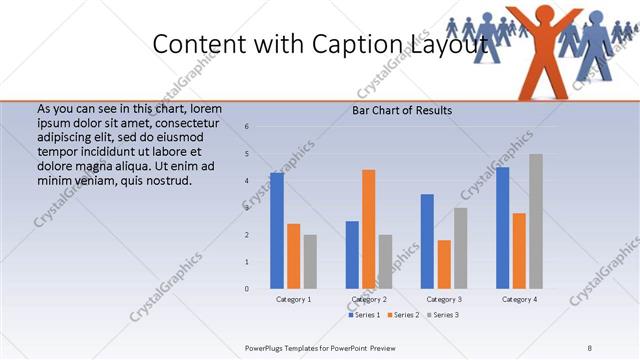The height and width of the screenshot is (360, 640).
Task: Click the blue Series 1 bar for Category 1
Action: [277, 231]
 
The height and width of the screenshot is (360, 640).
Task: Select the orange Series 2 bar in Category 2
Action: [369, 229]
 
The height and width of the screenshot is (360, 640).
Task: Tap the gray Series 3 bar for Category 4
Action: [536, 221]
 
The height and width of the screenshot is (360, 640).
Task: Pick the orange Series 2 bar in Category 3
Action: [444, 264]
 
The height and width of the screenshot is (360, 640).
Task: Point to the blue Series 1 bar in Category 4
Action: [502, 228]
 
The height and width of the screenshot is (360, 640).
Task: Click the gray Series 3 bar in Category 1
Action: [310, 262]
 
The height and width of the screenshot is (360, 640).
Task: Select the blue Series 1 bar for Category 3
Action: [427, 241]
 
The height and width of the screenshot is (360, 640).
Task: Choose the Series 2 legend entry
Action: [402, 315]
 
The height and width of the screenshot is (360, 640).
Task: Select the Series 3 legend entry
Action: [443, 315]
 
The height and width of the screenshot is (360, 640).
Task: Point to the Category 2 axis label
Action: [369, 299]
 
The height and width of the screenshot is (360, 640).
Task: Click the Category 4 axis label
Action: [519, 299]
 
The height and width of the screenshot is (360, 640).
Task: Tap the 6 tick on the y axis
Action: [247, 127]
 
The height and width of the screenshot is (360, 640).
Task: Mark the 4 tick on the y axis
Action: [247, 181]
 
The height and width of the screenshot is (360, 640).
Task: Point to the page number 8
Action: [590, 346]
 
